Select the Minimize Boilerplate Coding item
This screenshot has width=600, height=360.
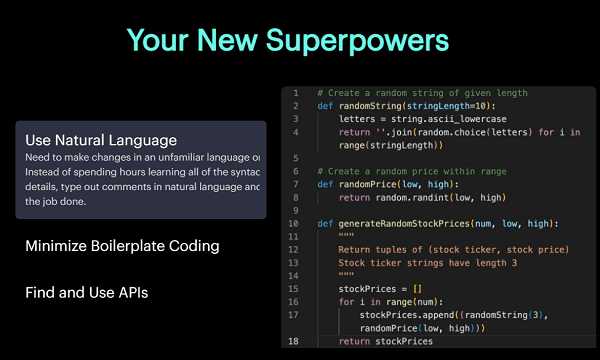122,245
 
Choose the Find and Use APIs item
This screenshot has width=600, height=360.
88,292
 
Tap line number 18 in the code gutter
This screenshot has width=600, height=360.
295,341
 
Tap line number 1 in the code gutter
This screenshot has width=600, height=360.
296,92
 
